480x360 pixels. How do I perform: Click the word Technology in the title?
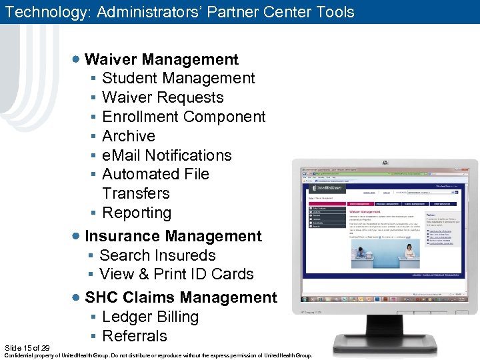pos(41,12)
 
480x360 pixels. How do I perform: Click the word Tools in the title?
pos(335,12)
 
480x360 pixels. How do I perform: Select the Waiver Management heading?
pos(161,59)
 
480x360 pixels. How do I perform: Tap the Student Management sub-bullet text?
pos(178,78)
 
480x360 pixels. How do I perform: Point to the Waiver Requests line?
pos(163,97)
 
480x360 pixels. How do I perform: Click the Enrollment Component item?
pos(183,117)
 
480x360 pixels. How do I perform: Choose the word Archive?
pos(129,136)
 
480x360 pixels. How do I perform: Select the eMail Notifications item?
pos(167,155)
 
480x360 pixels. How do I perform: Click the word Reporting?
pos(137,213)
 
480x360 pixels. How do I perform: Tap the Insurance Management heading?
pos(173,236)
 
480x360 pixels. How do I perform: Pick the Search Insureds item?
pos(157,255)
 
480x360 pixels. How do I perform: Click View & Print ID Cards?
pos(177,274)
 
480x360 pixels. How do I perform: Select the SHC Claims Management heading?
pos(181,297)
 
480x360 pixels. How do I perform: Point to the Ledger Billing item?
pos(150,317)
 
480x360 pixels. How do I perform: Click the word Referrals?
pos(135,336)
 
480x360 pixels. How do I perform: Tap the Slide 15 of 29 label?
pos(27,347)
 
